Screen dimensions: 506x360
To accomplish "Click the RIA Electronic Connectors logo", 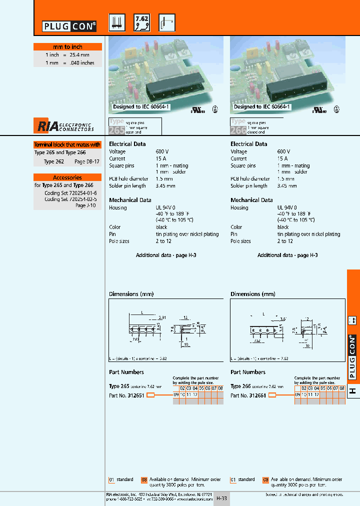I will pyautogui.click(x=64, y=125).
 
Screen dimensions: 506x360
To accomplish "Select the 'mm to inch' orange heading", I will pyautogui.click(x=67, y=46).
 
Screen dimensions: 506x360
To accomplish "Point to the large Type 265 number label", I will pyautogui.click(x=115, y=131).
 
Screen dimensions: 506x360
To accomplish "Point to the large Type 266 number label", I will pyautogui.click(x=238, y=131).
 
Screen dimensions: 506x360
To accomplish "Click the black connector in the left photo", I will pyautogui.click(x=172, y=91).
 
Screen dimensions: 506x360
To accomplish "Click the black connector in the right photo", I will pyautogui.click(x=292, y=91).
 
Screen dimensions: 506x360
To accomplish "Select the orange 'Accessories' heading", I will pyautogui.click(x=67, y=177).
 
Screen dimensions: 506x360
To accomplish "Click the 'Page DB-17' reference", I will pyautogui.click(x=87, y=162).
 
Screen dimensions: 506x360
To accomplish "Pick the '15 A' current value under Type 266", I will pyautogui.click(x=283, y=158).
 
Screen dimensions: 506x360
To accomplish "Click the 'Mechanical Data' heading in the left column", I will pyautogui.click(x=130, y=200).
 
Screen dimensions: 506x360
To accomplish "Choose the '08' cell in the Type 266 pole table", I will pyautogui.click(x=342, y=388).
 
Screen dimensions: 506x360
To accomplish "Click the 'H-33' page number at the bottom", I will pyautogui.click(x=221, y=498).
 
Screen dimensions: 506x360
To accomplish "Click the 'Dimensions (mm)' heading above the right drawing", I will pyautogui.click(x=252, y=294).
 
